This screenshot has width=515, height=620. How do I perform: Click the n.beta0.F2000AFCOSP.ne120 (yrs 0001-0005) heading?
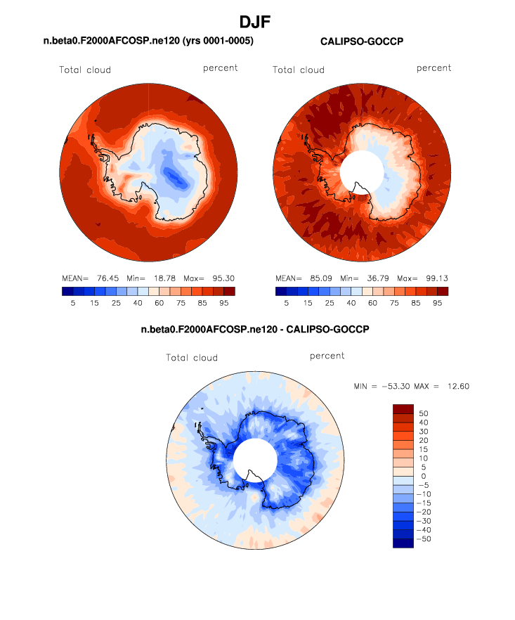tap(148, 41)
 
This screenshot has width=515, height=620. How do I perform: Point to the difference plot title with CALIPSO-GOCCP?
tap(255, 329)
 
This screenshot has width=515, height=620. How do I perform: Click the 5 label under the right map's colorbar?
tap(287, 302)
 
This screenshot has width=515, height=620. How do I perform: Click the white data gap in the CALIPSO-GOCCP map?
tap(361, 173)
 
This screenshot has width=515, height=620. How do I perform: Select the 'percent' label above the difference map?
tap(327, 356)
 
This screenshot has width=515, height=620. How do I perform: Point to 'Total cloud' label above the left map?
tap(85, 70)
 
